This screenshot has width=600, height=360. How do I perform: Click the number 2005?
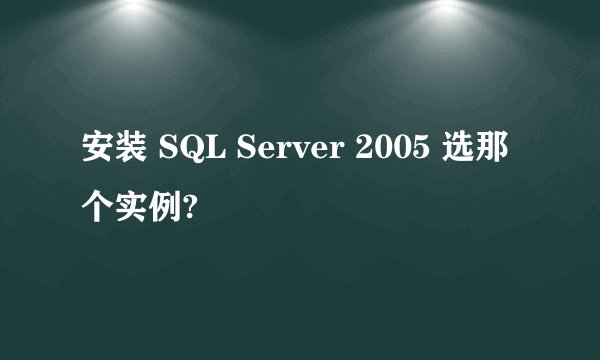point(383,152)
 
